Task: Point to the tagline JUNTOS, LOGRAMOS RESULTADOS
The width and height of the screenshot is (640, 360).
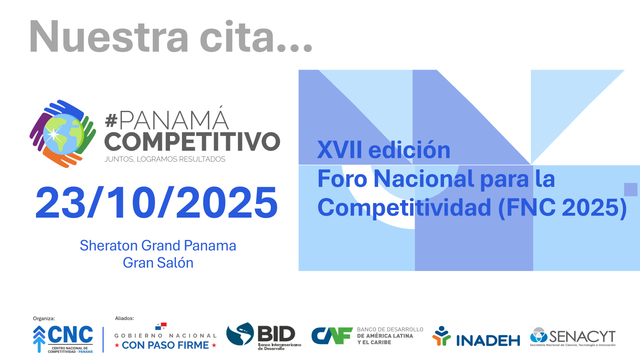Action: (x=165, y=159)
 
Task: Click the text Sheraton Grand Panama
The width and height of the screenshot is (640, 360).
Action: (x=158, y=246)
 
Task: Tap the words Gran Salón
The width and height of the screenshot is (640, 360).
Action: (x=158, y=263)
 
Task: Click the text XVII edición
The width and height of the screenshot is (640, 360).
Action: (x=384, y=150)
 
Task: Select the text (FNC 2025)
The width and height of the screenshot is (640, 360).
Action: (x=562, y=208)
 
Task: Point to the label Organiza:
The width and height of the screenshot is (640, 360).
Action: (x=44, y=318)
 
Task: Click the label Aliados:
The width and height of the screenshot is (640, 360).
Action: (x=124, y=318)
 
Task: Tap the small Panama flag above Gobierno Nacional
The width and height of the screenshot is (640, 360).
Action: (x=161, y=326)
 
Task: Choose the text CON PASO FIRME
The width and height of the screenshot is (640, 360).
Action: (x=165, y=345)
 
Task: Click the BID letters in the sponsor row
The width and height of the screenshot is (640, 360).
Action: (x=276, y=334)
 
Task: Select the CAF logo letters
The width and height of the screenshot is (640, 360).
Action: (x=332, y=336)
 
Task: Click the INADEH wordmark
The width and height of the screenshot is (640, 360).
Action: (x=488, y=340)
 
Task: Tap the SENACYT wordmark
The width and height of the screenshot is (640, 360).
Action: (x=582, y=336)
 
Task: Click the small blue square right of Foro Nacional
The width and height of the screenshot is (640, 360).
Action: (x=630, y=190)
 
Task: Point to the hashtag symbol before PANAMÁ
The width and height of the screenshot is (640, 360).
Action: (x=111, y=120)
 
